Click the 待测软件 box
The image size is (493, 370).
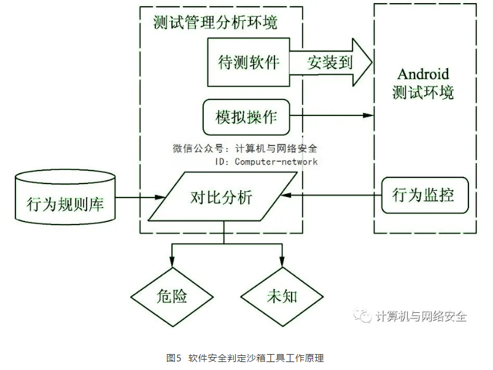(248, 63)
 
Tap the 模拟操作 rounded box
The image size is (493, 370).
(246, 116)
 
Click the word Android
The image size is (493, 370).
(424, 75)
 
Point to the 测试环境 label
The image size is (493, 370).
(424, 93)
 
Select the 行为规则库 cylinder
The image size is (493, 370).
(66, 200)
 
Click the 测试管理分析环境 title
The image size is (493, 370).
(215, 23)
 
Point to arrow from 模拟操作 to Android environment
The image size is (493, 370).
(332, 115)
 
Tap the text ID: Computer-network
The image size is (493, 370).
(266, 161)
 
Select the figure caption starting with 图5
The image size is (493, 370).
(245, 358)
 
